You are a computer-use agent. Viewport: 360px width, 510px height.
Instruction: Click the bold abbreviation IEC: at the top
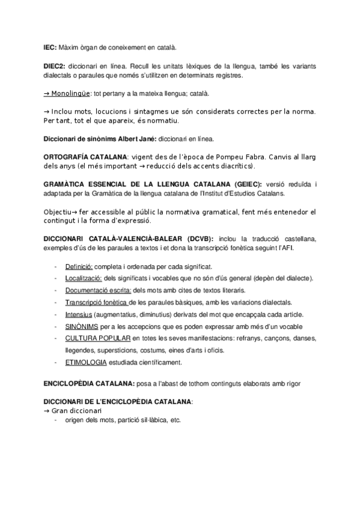coord(50,46)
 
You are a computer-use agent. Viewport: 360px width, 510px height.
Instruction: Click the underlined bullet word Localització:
coord(84,278)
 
